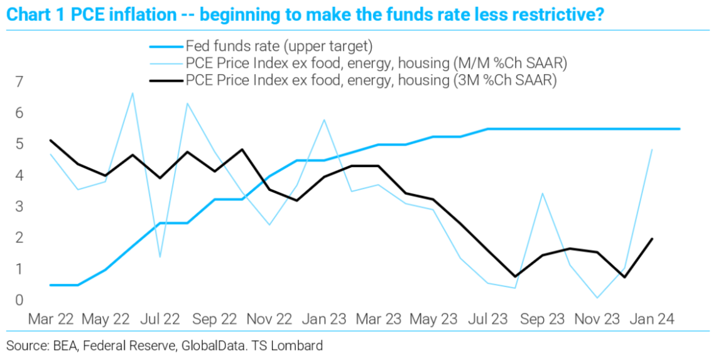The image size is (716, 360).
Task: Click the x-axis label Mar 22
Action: [50, 319]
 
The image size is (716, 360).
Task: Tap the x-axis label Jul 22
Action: [160, 319]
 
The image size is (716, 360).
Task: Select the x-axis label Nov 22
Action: [269, 319]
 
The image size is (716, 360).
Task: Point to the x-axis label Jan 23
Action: [324, 319]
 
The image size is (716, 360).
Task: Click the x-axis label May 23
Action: [434, 319]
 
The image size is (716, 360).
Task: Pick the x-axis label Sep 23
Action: [543, 319]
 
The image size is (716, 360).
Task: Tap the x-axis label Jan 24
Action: [653, 319]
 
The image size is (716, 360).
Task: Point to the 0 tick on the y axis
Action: [19, 300]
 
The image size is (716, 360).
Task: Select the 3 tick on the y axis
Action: [19, 207]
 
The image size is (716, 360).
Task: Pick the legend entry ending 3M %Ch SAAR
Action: [371, 80]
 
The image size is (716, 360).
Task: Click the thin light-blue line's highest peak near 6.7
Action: [133, 93]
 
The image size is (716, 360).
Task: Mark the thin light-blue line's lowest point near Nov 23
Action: [597, 298]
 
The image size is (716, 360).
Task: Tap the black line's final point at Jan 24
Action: [653, 239]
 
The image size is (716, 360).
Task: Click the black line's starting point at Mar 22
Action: [50, 140]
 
